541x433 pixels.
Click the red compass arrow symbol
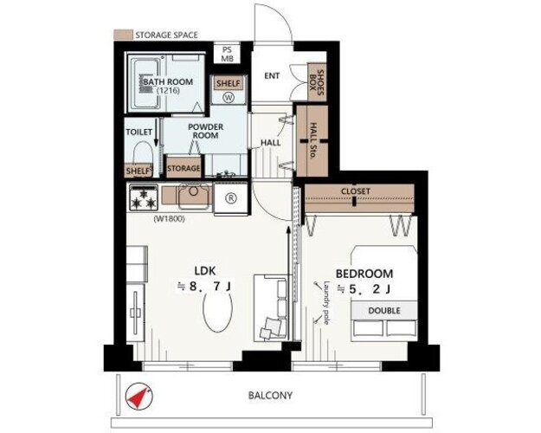coord(139,396)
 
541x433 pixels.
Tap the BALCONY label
coord(270,396)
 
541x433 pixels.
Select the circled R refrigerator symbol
coord(231,198)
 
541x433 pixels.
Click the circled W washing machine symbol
coord(229,97)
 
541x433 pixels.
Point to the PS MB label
coord(227,54)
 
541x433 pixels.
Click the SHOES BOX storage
coord(317,82)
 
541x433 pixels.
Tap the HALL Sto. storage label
coord(312,141)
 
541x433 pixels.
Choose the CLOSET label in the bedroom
coord(356,191)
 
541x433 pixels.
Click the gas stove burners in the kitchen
coord(145,197)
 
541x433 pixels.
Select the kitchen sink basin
coord(194,197)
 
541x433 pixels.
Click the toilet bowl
coord(143,152)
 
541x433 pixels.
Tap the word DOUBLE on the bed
coord(384,311)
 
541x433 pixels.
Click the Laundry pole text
coord(326,303)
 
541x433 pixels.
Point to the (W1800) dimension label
coord(169,219)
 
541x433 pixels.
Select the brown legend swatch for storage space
coord(123,35)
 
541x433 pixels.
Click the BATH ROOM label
coord(168,82)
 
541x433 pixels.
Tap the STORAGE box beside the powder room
coord(184,168)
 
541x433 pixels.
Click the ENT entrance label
coord(272,75)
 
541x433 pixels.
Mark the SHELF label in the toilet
coord(138,171)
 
